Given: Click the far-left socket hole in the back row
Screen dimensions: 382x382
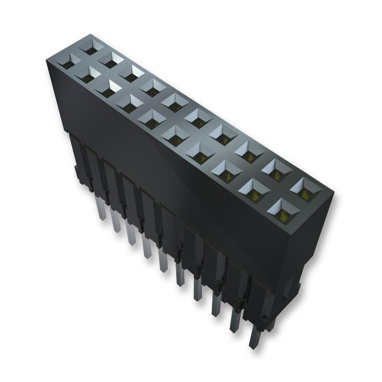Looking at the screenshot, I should (89, 47).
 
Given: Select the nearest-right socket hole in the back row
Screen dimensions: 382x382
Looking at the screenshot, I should (305, 187).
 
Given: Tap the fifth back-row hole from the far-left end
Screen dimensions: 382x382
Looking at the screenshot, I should (176, 100).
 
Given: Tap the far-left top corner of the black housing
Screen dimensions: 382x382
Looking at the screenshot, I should (48, 60).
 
